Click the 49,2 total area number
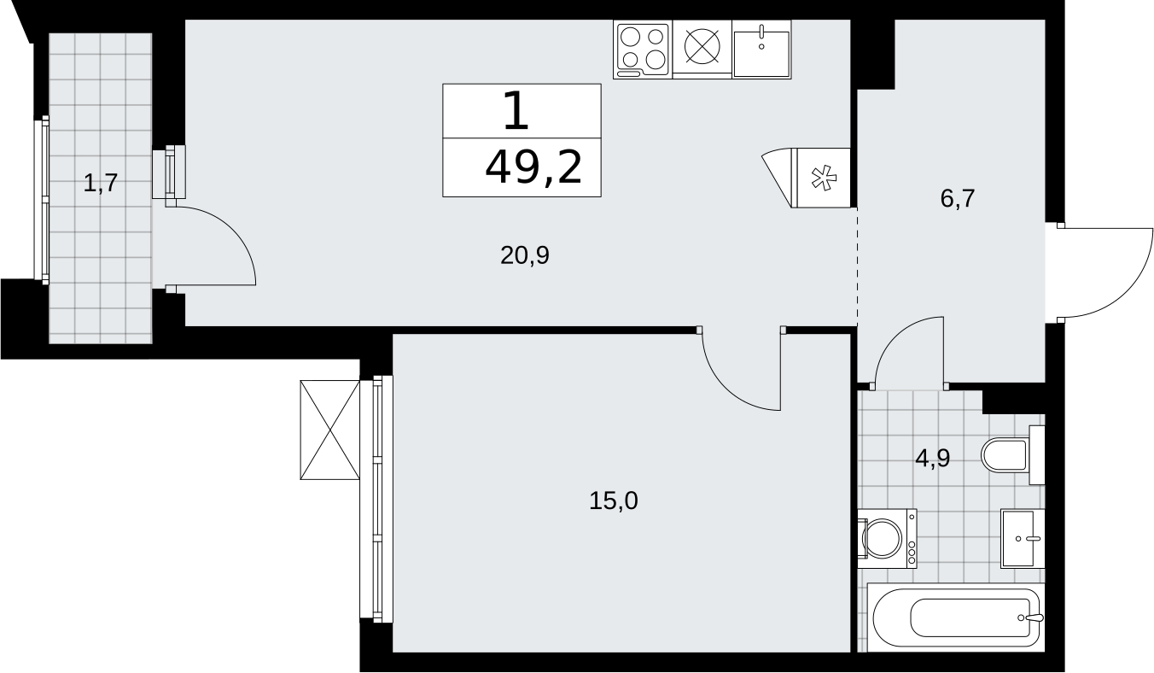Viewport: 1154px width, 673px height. point(533,167)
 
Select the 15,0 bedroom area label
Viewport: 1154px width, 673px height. point(613,500)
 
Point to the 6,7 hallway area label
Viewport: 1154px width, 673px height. point(957,198)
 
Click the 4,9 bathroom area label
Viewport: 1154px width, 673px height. point(932,458)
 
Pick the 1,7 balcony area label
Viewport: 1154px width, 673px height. point(101,183)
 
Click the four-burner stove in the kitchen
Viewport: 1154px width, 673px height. point(643,50)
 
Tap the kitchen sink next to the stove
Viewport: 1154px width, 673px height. point(761,50)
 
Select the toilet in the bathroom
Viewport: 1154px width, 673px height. point(1012,455)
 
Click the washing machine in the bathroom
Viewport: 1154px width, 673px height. point(887,539)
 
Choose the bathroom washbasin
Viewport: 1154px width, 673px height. point(1023,539)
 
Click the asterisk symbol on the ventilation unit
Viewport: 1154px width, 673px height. point(824,178)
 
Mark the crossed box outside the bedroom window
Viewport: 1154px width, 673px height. point(329,430)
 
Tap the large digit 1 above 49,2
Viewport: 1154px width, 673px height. point(516,110)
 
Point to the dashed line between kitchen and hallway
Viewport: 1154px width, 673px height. point(857,267)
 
